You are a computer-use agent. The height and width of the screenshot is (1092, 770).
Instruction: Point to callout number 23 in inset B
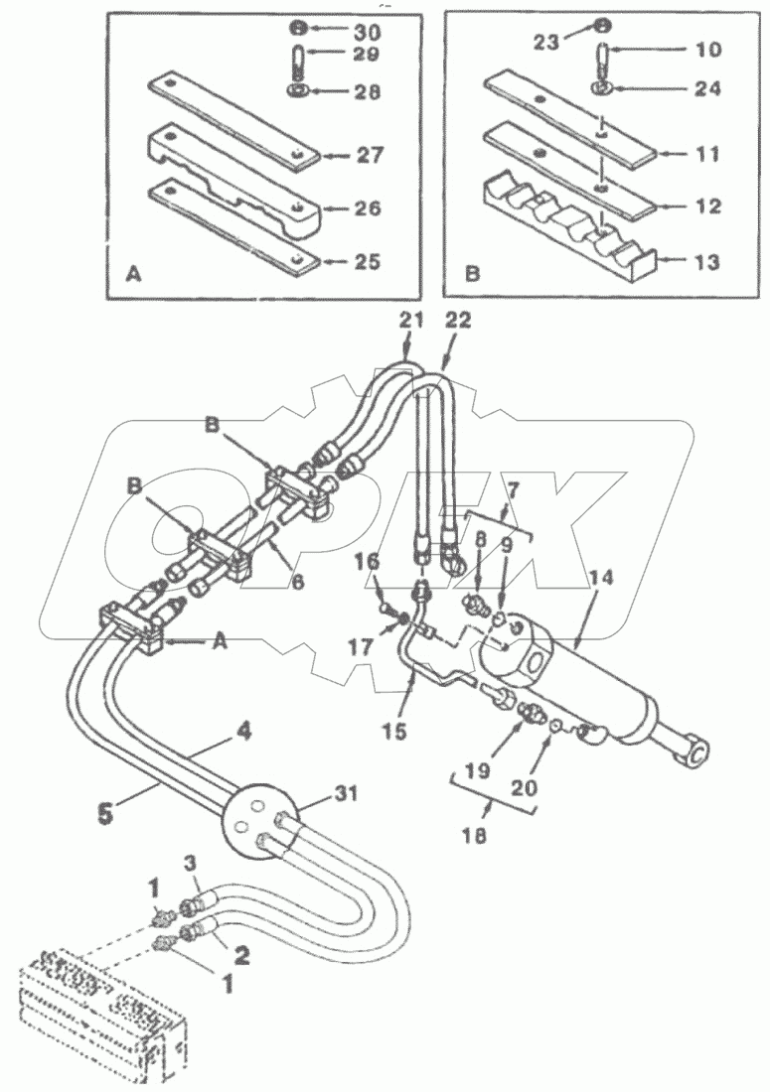546,43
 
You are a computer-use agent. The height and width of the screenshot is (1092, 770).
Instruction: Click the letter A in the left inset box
133,276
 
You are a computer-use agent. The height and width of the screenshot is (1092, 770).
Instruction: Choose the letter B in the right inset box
472,274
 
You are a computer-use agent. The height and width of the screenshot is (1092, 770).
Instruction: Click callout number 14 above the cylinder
602,579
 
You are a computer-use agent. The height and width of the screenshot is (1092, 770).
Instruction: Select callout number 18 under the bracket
474,834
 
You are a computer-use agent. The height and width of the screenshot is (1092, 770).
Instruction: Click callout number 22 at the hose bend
457,321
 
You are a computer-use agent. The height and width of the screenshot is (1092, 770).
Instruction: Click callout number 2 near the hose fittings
241,955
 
